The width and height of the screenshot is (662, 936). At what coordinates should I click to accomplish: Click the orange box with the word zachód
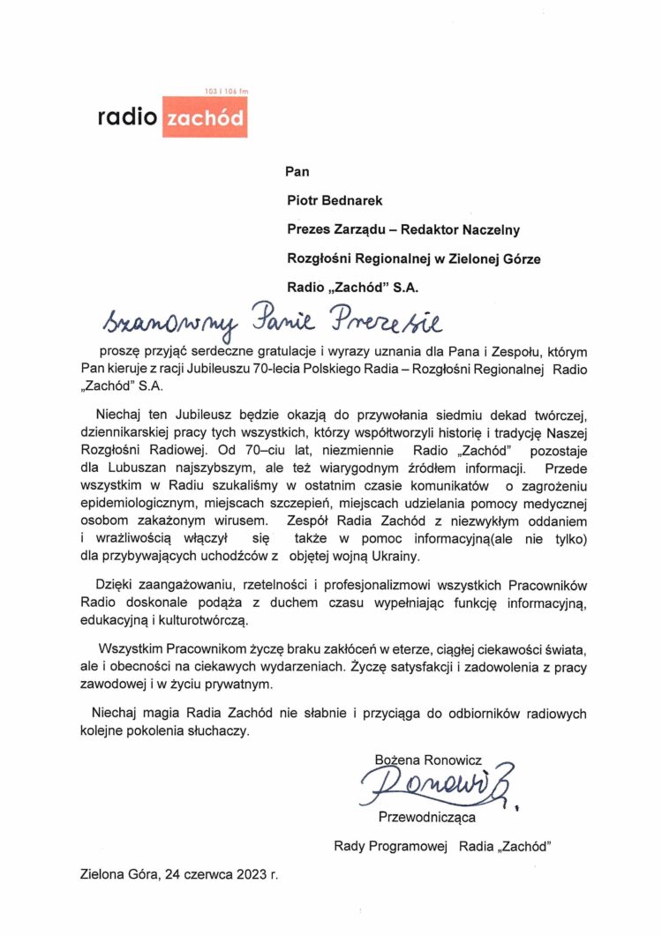tap(204, 118)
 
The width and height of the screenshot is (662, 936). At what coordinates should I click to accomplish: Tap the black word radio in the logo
tap(128, 118)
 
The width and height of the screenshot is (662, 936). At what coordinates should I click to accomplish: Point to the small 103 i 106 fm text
tap(226, 92)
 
